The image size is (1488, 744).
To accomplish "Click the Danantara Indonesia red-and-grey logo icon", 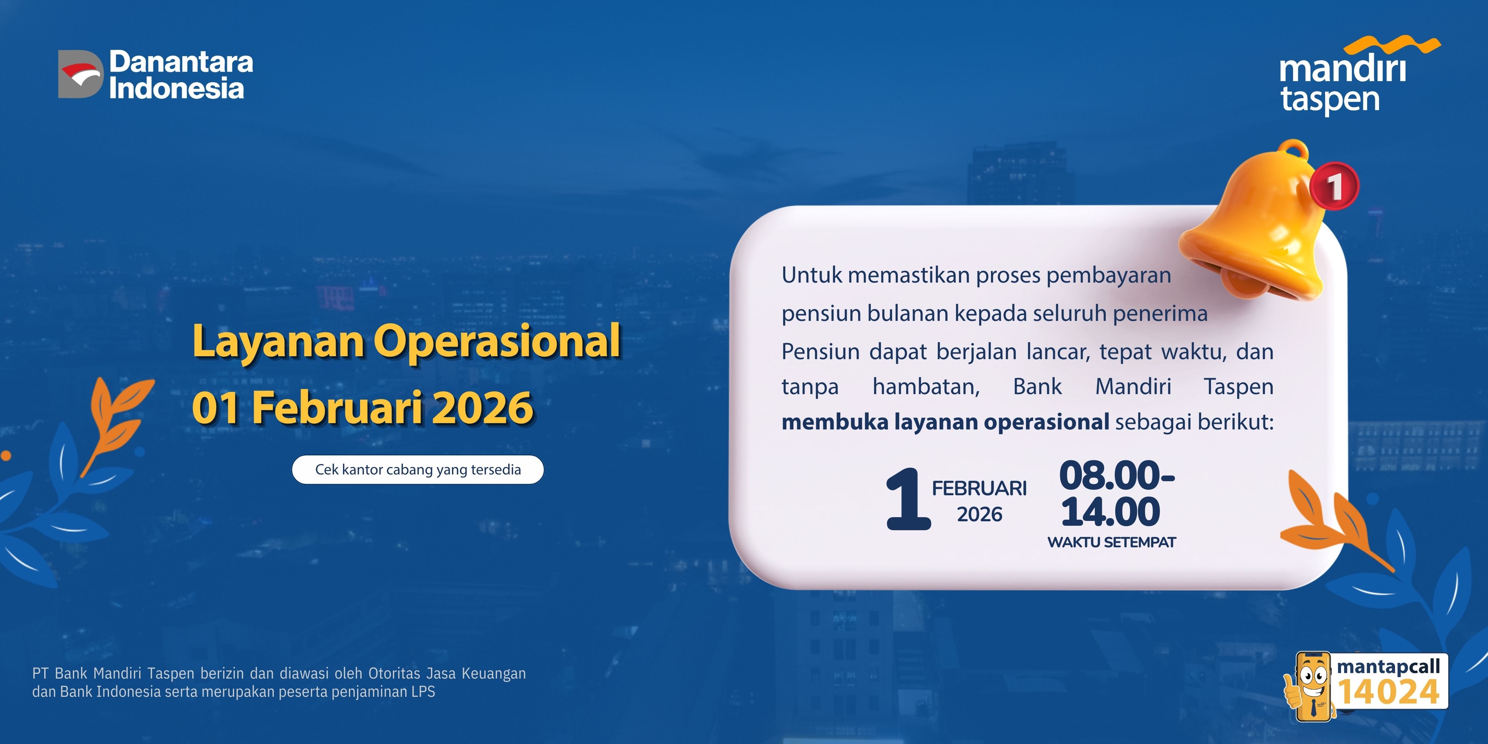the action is coord(80,74).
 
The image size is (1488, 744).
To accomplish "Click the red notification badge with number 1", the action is coord(1334,186).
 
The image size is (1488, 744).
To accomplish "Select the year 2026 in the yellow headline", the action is coord(483,408).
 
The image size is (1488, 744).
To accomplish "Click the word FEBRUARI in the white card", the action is coord(979,488).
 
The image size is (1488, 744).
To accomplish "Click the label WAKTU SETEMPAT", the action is coord(1112,542).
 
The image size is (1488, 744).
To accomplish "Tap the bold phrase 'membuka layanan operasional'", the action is coord(945,422).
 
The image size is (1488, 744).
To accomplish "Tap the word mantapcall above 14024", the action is coord(1388,667).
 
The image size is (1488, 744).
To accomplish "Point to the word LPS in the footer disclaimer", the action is coord(423,692).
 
